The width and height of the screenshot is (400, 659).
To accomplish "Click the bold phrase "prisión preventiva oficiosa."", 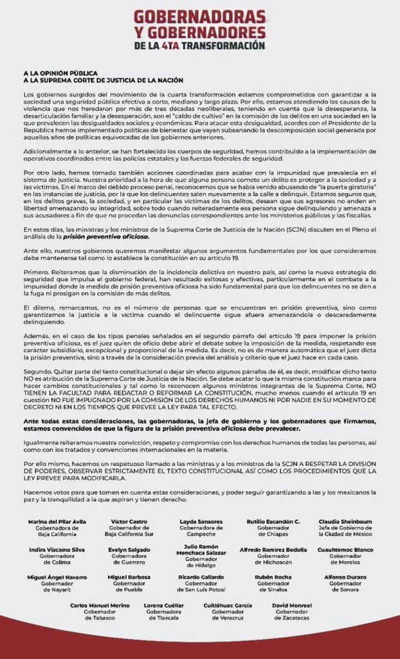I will [x=115, y=237].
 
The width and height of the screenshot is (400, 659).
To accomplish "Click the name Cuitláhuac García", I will [x=228, y=606].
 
